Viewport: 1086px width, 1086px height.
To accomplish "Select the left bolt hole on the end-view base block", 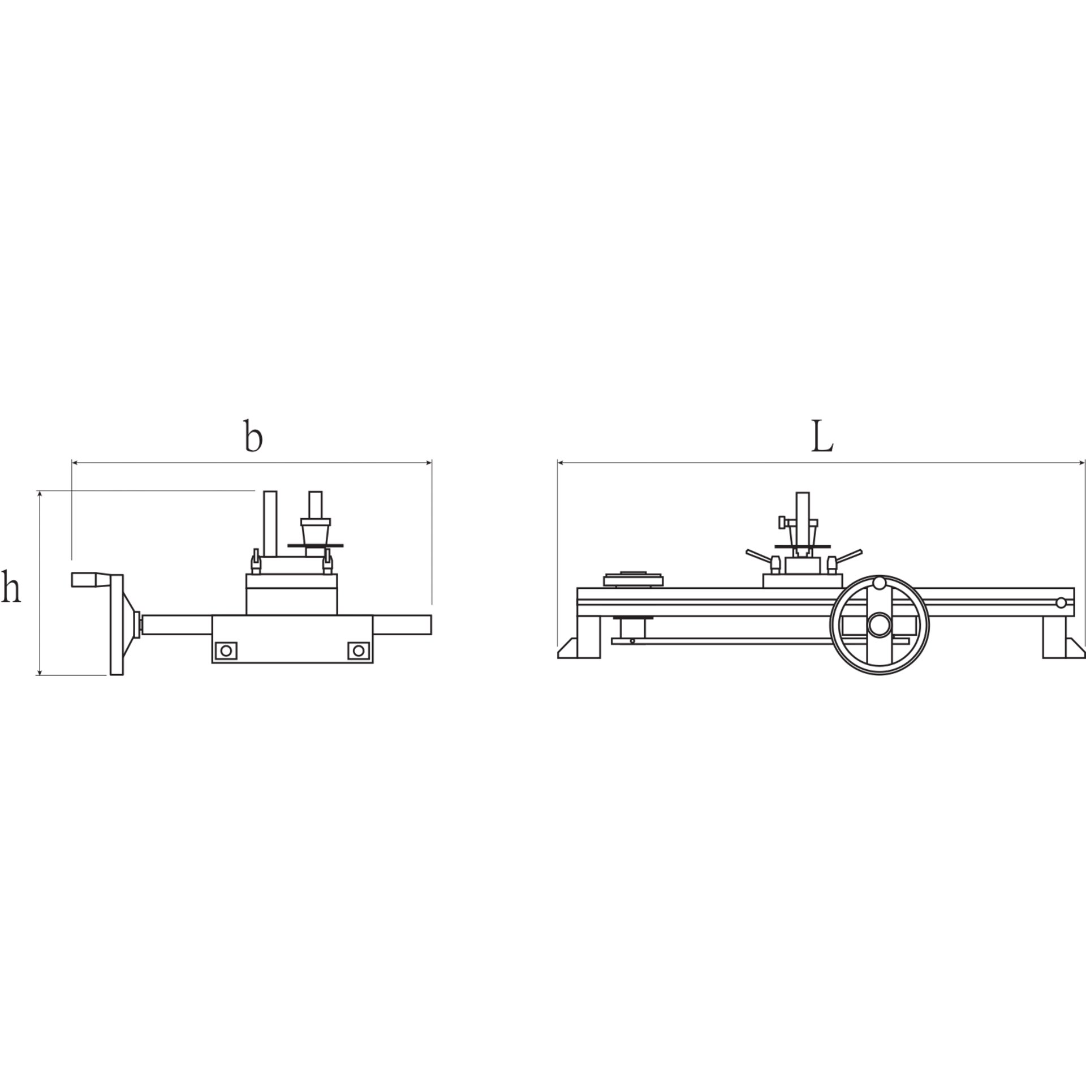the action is coord(227,651).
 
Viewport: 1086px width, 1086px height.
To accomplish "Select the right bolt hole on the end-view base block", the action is coord(357,651).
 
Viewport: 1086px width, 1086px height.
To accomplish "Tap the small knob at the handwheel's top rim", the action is coord(879,583).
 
